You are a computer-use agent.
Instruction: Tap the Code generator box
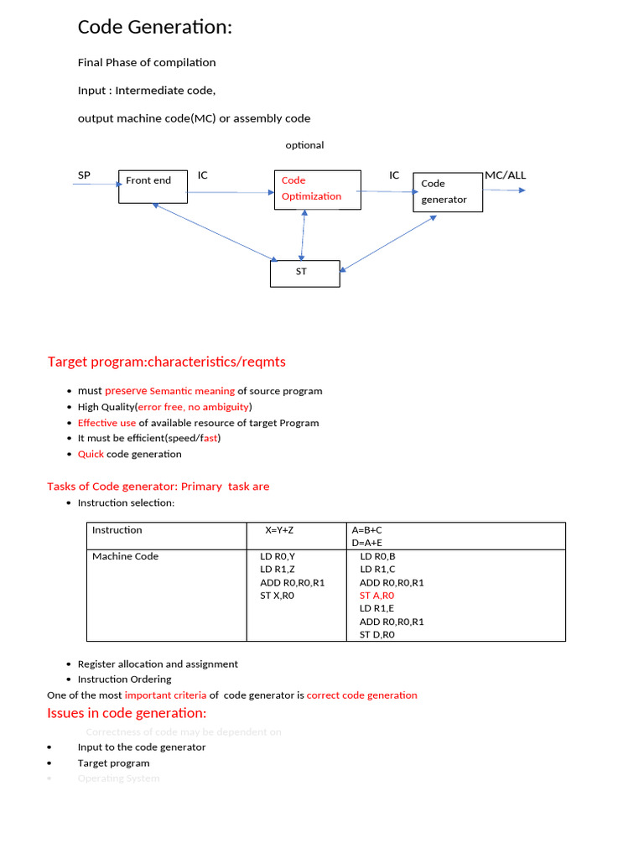tap(448, 192)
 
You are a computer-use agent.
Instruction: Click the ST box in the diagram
tap(304, 273)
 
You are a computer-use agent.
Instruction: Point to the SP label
tap(84, 175)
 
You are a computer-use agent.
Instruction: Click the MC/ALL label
tap(505, 175)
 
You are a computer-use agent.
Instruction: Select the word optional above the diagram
tap(304, 145)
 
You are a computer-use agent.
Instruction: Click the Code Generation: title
tap(154, 28)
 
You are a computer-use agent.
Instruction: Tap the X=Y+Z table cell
tap(279, 530)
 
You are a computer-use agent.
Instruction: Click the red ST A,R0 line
tap(377, 596)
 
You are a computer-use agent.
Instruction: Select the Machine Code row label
tap(125, 556)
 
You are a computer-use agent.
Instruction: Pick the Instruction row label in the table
tap(117, 530)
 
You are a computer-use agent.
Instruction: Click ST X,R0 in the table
tap(278, 596)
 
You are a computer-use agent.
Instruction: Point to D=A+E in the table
tap(367, 543)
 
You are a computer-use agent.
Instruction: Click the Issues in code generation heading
tap(127, 713)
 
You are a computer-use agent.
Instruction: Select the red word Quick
tap(91, 454)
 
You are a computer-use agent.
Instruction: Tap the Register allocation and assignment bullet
tap(158, 664)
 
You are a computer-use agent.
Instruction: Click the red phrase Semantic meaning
tap(192, 391)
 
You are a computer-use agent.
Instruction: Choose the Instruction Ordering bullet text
tap(124, 679)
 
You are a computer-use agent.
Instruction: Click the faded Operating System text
tap(118, 778)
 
